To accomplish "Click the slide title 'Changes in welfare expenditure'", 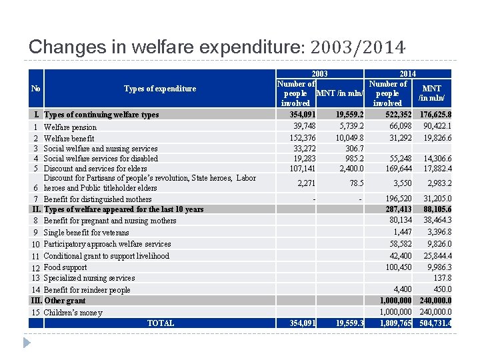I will pos(163,47).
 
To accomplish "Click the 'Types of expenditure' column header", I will pos(160,89).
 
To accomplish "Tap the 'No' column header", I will pos(36,89).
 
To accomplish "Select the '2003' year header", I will pos(320,74).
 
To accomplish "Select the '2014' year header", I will pos(407,74).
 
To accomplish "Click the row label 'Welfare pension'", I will pos(70,127).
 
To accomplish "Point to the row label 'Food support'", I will pos(65,267).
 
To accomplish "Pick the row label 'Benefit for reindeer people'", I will pos(87,290).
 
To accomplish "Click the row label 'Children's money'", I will pos(73,313).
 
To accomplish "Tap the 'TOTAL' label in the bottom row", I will pos(160,323).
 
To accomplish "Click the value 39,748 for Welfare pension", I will pos(303,127).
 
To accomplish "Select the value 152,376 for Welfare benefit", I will pos(301,138).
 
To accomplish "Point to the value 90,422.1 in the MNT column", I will pos(436,127).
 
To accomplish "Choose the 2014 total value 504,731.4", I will pos(435,323).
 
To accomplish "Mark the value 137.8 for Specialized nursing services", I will pos(442,278).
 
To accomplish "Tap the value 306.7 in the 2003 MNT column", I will pos(354,149).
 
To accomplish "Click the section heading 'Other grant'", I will pos(65,301).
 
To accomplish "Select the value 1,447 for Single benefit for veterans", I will pos(402,232).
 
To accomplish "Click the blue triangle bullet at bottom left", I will pos(27,342).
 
